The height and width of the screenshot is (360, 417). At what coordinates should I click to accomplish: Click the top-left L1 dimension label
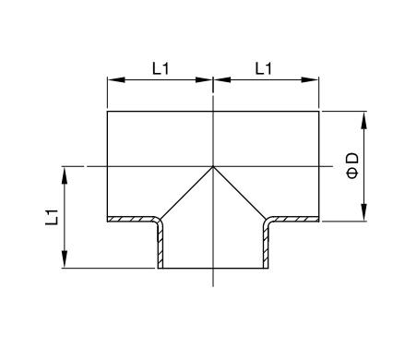(161, 68)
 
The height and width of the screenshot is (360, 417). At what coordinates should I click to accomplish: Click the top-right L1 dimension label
(264, 68)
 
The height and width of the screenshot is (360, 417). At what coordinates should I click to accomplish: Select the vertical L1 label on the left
(52, 217)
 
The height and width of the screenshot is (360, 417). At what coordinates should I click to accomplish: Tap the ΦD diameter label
(352, 165)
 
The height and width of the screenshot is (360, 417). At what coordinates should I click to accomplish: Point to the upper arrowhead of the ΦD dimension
(364, 120)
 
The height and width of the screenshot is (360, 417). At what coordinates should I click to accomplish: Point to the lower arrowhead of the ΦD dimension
(364, 212)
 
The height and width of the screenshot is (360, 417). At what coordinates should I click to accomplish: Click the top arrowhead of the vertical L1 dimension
(65, 175)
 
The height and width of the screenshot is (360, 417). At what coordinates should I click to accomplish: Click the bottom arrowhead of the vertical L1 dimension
(65, 259)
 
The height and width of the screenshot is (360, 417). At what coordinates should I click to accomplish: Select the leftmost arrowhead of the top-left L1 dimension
(116, 79)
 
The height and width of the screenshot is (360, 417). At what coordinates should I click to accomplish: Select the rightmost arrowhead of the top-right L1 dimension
(310, 79)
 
